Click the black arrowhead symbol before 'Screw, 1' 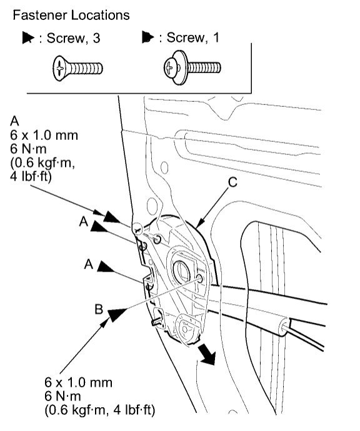(148, 39)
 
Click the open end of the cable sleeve (287, 324)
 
